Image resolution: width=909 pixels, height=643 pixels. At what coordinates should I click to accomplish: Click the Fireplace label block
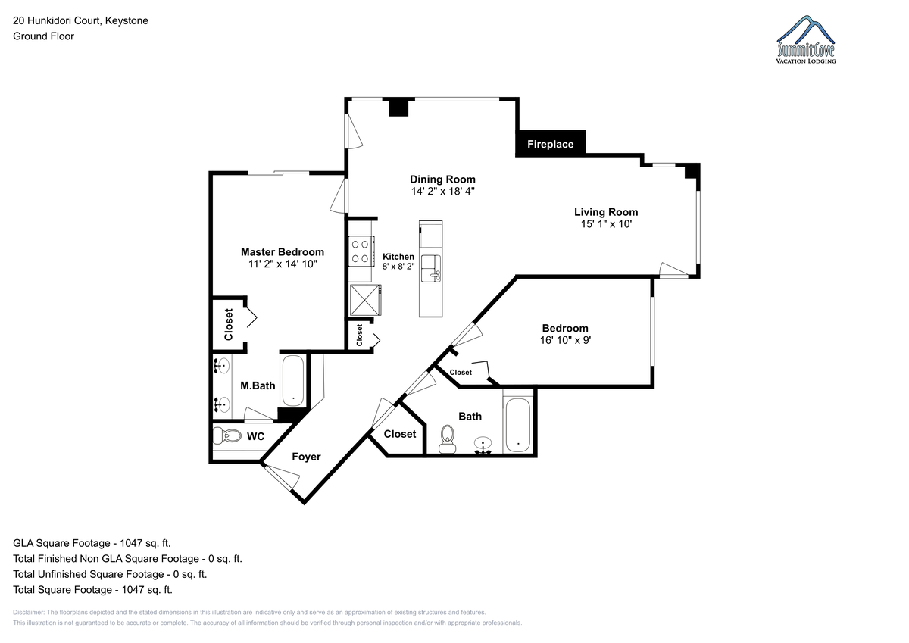click(550, 144)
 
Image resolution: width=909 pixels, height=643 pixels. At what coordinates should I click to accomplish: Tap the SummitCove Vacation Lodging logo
click(806, 39)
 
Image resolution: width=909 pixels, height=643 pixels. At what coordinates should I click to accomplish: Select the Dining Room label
click(442, 179)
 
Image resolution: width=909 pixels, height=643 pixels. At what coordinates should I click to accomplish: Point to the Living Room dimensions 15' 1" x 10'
click(606, 224)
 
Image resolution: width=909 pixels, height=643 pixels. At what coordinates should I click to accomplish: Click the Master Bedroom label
click(283, 252)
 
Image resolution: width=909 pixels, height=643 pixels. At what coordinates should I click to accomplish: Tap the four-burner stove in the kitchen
click(361, 251)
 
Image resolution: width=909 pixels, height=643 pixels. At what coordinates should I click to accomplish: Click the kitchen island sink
click(431, 268)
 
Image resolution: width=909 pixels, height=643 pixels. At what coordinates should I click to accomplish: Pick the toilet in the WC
click(227, 435)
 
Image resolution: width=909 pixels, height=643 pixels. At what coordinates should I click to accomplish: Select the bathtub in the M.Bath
click(293, 380)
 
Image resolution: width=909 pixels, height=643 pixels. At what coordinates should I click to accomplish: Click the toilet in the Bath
click(447, 439)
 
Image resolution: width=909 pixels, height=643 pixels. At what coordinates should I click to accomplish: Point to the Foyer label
click(306, 457)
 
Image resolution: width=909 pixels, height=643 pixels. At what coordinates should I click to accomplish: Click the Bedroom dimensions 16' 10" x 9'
click(565, 340)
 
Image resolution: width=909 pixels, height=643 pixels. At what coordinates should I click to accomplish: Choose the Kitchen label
click(398, 257)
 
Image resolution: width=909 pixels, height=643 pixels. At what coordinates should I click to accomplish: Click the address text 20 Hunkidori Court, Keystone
click(81, 20)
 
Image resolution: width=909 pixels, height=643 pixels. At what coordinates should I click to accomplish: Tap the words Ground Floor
click(43, 36)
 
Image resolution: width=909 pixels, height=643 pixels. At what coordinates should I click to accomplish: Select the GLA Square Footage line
click(92, 543)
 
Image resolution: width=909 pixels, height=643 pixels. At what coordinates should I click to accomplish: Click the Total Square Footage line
click(92, 590)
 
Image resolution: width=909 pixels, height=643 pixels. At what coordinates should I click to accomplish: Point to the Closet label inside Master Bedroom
click(229, 325)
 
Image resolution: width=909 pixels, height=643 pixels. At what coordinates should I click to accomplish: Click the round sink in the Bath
click(483, 443)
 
